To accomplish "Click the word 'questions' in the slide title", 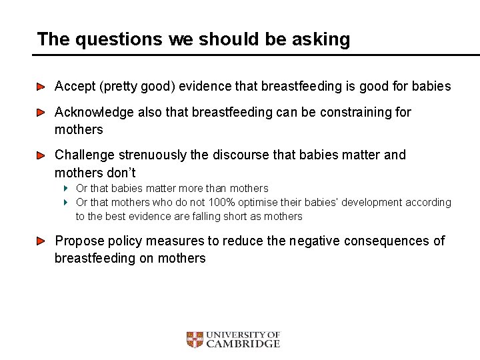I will click(119, 39).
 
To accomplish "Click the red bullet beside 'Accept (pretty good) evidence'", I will click(41, 87).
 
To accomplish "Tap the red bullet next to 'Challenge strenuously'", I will click(41, 155).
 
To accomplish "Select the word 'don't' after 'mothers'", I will click(121, 172).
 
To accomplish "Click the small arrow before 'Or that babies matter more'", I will click(67, 189).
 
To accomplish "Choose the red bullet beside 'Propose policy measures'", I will click(41, 241).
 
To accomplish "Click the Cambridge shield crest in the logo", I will click(195, 340).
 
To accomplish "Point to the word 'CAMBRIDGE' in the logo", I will click(243, 344).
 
